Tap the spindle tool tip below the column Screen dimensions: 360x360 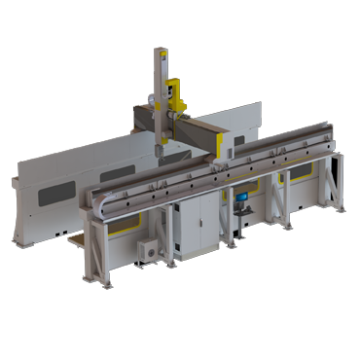pyautogui.click(x=157, y=153)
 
